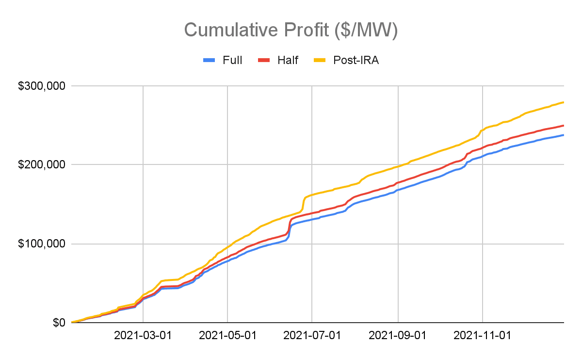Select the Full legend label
(232, 60)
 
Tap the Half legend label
(288, 60)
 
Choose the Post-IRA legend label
(356, 60)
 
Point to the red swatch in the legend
(264, 60)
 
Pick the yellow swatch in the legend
(320, 60)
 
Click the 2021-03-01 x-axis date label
(143, 335)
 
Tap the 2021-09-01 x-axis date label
(398, 335)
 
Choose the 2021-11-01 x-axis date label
(483, 335)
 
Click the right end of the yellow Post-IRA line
(563, 102)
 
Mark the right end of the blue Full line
(563, 135)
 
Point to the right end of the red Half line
(563, 125)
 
